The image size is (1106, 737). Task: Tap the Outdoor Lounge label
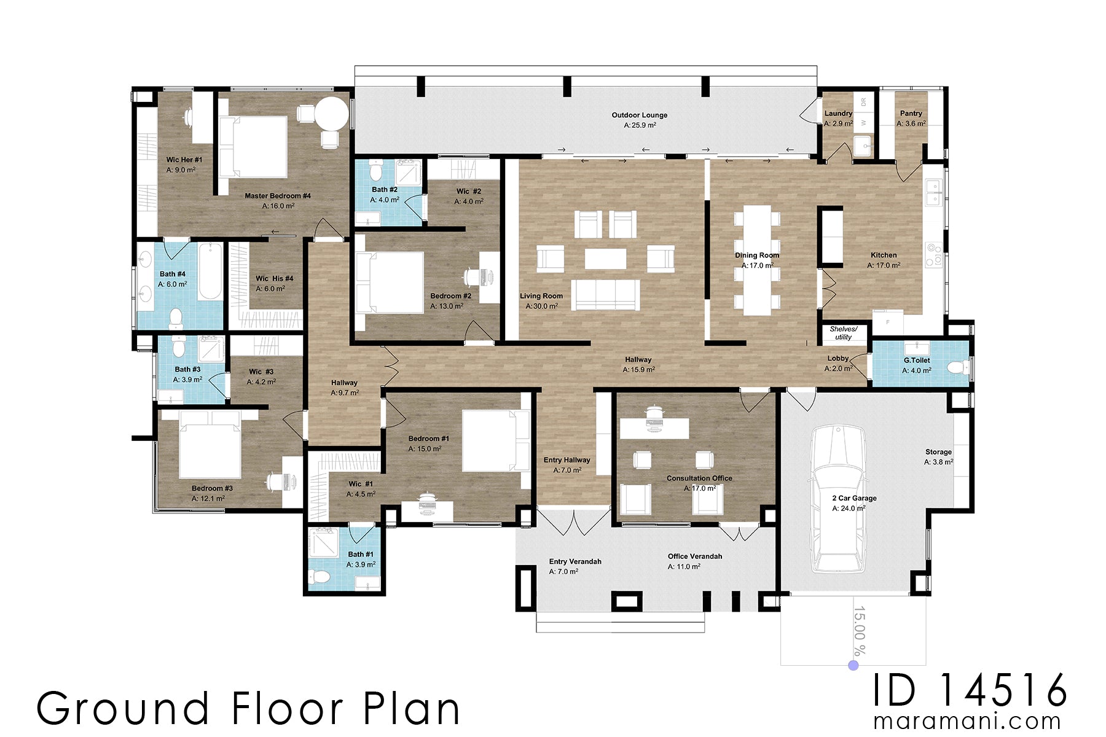click(x=639, y=115)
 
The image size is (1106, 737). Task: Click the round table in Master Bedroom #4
click(x=332, y=114)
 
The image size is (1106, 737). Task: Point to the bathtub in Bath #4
click(x=210, y=271)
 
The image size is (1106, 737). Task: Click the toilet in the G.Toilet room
click(x=955, y=367)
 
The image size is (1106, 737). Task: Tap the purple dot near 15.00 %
click(x=853, y=665)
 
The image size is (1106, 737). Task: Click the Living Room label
click(x=541, y=296)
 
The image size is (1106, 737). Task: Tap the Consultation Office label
click(x=699, y=478)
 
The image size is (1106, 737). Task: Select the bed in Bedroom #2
click(x=390, y=283)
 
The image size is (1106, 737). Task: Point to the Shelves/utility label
click(x=843, y=333)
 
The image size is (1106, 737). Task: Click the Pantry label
click(x=911, y=114)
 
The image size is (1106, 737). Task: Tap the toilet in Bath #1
click(x=320, y=576)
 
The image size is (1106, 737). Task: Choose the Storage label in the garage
click(x=938, y=452)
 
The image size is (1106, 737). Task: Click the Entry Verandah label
click(x=575, y=561)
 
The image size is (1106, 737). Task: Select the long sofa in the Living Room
click(x=605, y=295)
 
